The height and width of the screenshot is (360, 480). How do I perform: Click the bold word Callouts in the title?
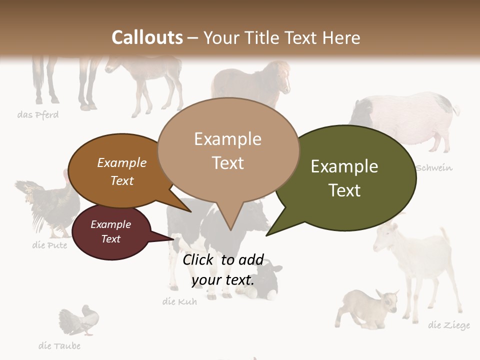[147, 37]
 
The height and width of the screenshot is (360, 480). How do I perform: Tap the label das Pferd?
[38, 115]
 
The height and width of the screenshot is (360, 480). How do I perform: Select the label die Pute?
[49, 245]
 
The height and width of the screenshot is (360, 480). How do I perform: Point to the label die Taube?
[59, 345]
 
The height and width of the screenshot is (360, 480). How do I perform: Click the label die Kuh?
[179, 301]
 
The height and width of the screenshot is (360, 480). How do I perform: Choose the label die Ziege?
[449, 325]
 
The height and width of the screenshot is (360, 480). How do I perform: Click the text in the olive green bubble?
[344, 178]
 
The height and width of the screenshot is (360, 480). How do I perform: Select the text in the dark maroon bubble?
[110, 231]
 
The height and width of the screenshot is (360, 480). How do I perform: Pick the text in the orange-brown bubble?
[122, 171]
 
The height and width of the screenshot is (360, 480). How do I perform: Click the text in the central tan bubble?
[227, 150]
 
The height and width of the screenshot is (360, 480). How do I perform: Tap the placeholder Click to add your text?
[223, 269]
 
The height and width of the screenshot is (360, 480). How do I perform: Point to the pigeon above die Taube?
[80, 320]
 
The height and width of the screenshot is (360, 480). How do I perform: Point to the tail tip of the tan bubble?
[230, 229]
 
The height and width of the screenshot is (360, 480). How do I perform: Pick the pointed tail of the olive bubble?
[268, 234]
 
